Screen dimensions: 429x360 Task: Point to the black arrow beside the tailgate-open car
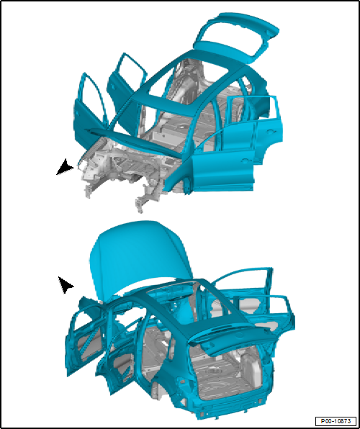[x=66, y=168]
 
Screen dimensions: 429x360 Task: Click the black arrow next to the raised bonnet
[x=66, y=284]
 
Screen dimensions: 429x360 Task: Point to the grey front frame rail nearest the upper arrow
[x=90, y=176]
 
